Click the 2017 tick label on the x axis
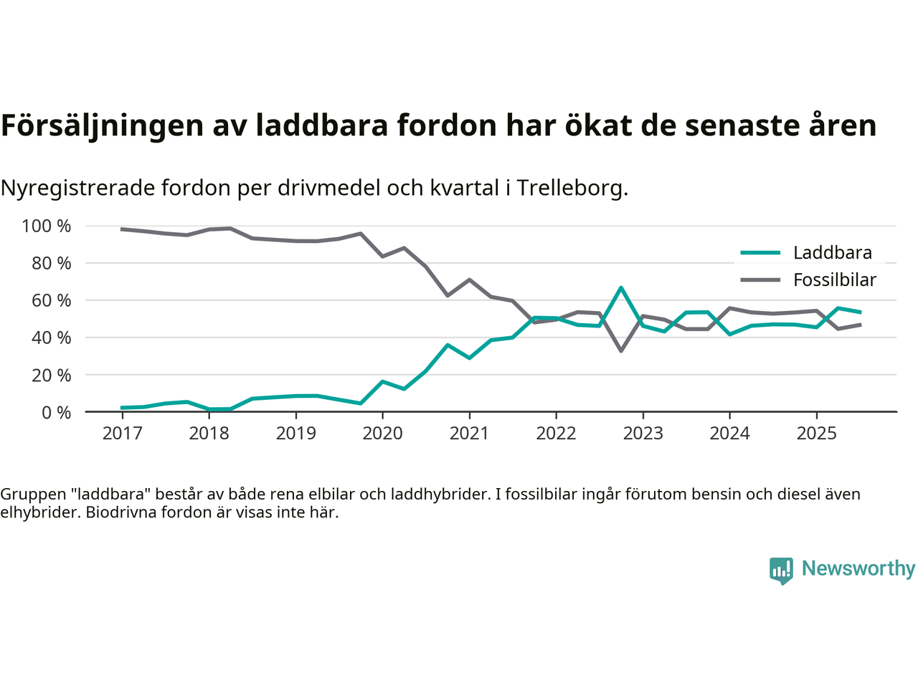click(122, 434)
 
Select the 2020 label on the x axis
click(382, 434)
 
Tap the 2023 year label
click(643, 434)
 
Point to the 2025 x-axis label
click(816, 434)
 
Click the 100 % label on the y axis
click(47, 226)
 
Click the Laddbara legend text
click(832, 253)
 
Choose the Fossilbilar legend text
click(834, 280)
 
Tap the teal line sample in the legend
click(760, 253)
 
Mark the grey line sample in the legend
click(760, 280)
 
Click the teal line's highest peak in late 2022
click(621, 288)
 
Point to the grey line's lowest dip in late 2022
click(621, 350)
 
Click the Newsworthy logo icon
click(781, 570)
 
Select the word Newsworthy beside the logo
click(858, 569)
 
